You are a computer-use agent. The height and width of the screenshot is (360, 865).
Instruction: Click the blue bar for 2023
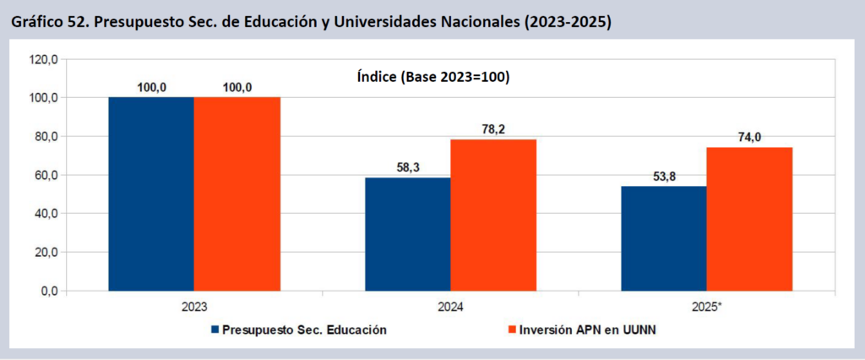[151, 194]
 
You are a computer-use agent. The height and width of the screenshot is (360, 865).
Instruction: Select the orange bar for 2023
[237, 194]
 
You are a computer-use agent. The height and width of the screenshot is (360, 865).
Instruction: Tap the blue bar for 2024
[407, 234]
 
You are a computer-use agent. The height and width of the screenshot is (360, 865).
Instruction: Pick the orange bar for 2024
[493, 215]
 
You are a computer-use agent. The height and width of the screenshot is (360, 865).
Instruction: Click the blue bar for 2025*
[664, 238]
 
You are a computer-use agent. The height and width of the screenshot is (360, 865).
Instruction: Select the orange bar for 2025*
[749, 219]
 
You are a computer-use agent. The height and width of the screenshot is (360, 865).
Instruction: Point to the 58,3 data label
[408, 167]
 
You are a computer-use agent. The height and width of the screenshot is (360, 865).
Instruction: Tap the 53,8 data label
[664, 176]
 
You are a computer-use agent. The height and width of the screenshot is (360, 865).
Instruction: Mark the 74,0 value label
[750, 137]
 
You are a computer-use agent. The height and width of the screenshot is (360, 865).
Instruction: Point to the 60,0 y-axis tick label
[44, 175]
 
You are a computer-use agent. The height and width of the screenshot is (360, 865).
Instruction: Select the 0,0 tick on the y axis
[47, 291]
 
